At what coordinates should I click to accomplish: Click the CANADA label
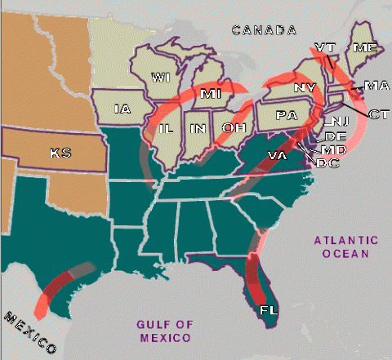pyautogui.click(x=263, y=30)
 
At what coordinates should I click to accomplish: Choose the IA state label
pyautogui.click(x=122, y=109)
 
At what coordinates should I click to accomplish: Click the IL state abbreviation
pyautogui.click(x=166, y=129)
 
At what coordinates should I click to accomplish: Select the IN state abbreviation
pyautogui.click(x=198, y=129)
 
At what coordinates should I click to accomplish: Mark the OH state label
pyautogui.click(x=232, y=127)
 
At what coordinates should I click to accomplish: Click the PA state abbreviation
pyautogui.click(x=287, y=115)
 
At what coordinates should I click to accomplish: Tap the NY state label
pyautogui.click(x=305, y=87)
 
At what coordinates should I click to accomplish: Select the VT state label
pyautogui.click(x=323, y=47)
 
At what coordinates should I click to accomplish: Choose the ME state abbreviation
pyautogui.click(x=364, y=48)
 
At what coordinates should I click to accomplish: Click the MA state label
pyautogui.click(x=376, y=85)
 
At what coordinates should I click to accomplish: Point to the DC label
pyautogui.click(x=327, y=163)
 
